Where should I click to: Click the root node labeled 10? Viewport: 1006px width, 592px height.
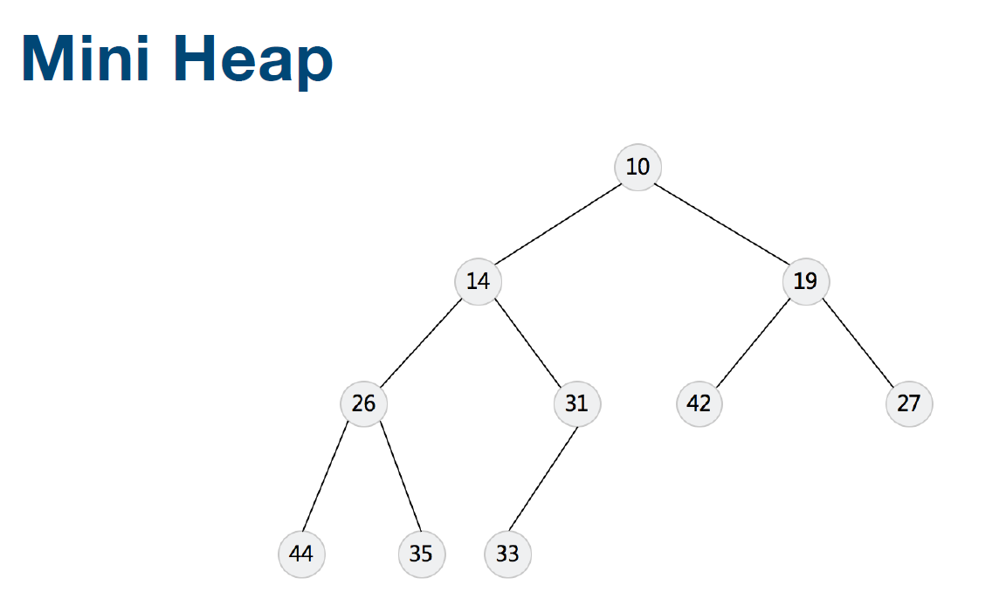point(637,167)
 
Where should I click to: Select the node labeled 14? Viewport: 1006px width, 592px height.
point(478,281)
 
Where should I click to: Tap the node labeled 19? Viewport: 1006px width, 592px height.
point(805,281)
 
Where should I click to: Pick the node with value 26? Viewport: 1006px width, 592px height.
point(363,403)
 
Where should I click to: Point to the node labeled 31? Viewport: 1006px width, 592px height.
point(576,403)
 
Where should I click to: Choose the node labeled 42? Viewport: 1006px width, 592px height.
point(699,403)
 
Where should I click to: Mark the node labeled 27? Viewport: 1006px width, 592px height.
point(909,403)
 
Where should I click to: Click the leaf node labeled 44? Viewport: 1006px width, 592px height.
point(301,554)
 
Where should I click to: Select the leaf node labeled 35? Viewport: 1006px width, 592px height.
point(421,554)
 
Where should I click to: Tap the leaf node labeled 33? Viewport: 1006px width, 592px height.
point(507,554)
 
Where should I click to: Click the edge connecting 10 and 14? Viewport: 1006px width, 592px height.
point(558,224)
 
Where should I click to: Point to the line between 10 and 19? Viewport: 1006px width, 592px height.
point(721,224)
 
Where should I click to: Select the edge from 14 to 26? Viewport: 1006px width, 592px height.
point(421,342)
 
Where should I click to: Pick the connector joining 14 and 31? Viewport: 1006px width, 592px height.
point(527,342)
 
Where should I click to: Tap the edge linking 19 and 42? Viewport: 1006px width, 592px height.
point(753,342)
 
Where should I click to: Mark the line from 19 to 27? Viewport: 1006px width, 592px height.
point(857,342)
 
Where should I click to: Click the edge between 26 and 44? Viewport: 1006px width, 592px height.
point(332,478)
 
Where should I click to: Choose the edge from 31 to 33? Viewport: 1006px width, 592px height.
point(542,478)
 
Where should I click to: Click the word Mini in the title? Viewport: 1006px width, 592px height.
point(84,59)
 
